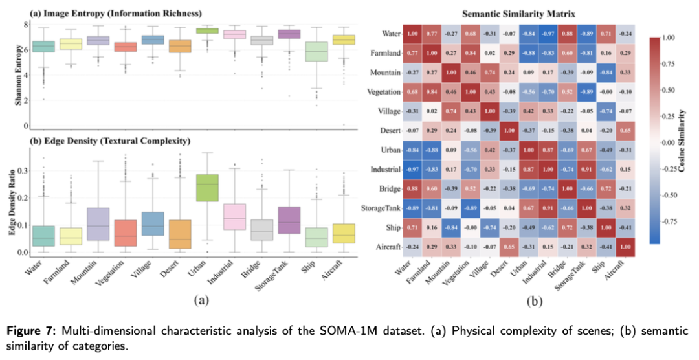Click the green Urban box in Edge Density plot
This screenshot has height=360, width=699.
(207, 188)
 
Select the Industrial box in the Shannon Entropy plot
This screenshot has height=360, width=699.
(234, 34)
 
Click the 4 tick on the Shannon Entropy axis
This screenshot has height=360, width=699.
(25, 75)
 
